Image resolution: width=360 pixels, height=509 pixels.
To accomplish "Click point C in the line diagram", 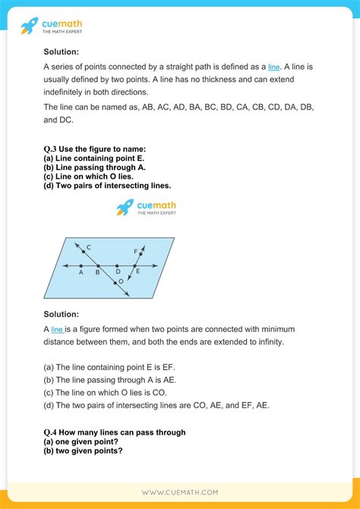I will click(83, 251).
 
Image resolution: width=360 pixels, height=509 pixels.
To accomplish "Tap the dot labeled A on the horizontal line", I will click(81, 266).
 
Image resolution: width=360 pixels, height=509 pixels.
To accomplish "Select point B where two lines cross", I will click(99, 266).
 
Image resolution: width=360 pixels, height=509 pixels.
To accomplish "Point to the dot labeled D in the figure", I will click(117, 266).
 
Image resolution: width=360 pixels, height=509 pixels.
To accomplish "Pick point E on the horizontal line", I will click(136, 266).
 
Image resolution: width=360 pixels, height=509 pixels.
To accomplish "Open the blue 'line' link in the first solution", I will click(273, 67).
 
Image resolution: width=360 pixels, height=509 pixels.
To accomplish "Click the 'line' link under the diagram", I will click(57, 329).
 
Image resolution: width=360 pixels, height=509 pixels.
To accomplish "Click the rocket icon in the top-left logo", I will click(30, 27).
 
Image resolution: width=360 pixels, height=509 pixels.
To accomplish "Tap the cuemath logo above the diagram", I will click(145, 207).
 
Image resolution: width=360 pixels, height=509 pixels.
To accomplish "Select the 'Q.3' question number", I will click(52, 148).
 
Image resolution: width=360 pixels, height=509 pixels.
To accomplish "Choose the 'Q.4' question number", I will click(52, 432).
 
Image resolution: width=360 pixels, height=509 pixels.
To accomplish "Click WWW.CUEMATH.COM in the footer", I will click(180, 492).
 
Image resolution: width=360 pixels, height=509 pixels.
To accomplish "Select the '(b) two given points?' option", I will click(84, 450).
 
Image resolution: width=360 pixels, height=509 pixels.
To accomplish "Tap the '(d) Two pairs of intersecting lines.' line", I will click(107, 185).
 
